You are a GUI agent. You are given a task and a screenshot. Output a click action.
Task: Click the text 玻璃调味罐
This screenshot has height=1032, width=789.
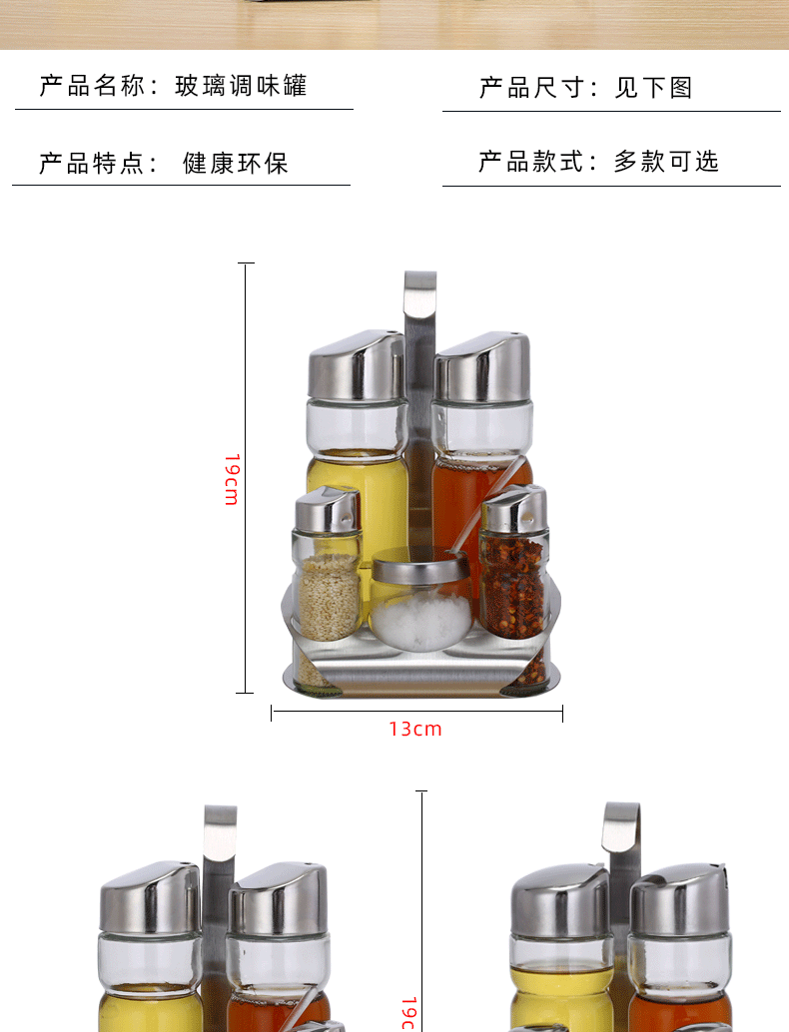pos(241,86)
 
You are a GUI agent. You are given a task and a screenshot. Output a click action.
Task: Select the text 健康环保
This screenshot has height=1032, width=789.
pos(235,163)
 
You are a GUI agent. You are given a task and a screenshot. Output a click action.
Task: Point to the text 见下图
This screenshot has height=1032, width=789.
pos(653,88)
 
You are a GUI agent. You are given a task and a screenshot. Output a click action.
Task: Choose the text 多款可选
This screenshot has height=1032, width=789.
pos(666,162)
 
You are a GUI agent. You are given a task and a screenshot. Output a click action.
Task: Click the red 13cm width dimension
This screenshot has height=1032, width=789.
pos(415,730)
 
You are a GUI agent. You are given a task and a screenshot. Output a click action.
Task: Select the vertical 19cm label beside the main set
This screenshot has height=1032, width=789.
pos(232,479)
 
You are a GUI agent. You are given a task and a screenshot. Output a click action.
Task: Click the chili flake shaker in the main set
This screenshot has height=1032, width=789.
pos(513,579)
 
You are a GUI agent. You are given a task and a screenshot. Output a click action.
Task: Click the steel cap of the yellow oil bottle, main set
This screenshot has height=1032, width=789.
pos(356,366)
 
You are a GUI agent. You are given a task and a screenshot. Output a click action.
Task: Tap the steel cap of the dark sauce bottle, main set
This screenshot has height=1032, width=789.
pos(482,367)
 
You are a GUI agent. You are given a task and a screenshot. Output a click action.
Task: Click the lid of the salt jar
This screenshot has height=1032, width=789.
pos(420,571)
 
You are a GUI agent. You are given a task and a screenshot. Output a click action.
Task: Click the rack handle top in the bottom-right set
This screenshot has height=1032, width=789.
pos(620,824)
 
